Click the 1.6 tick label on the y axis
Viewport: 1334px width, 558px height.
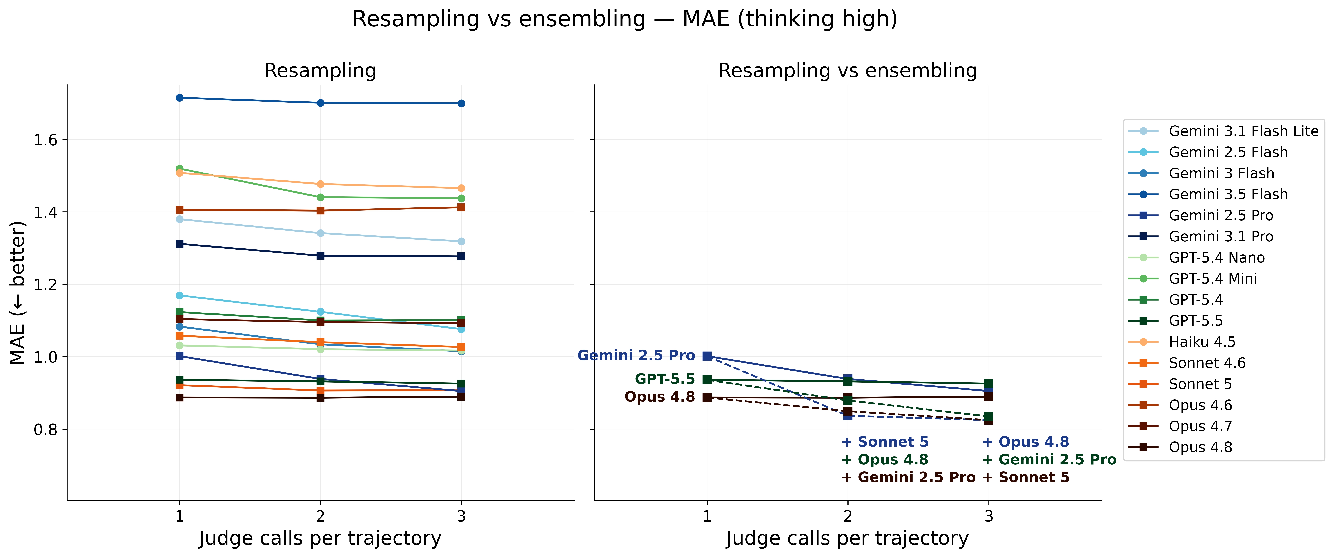[x=45, y=140]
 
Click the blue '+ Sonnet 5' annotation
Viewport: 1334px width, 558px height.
[x=885, y=442]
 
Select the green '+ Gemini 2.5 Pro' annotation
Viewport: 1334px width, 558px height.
[x=1049, y=460]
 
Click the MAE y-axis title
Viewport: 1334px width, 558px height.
[x=18, y=293]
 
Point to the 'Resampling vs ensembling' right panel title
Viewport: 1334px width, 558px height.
[x=848, y=70]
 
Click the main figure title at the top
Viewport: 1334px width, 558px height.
[x=625, y=19]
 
